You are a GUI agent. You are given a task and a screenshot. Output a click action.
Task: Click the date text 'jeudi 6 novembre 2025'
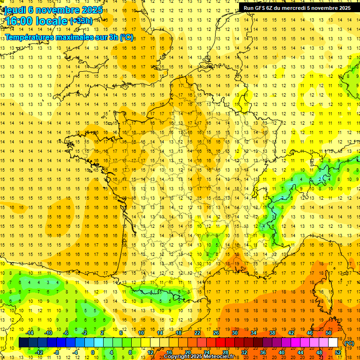[53, 10]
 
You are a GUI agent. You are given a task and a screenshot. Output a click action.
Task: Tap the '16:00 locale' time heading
[37, 22]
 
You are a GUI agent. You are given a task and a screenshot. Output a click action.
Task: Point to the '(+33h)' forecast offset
[81, 21]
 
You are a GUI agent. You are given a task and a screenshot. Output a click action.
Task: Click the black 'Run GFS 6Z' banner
[297, 7]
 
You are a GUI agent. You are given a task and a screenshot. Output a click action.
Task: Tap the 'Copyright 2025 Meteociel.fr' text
[199, 357]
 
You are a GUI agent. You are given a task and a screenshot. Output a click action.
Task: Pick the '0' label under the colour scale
[93, 352]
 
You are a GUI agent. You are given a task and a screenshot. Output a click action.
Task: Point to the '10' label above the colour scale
[141, 333]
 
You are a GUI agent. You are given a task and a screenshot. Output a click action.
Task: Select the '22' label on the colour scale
[197, 333]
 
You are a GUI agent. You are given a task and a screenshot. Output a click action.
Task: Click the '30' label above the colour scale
[235, 333]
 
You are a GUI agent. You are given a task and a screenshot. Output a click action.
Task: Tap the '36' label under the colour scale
[263, 352]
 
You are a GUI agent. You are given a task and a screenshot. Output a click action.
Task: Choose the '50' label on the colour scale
[329, 333]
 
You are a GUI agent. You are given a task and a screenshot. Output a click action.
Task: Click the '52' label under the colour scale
[337, 352]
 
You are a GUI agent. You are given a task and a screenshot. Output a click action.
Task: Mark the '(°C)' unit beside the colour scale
[349, 343]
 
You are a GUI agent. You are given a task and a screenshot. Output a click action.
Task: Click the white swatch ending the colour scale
[333, 343]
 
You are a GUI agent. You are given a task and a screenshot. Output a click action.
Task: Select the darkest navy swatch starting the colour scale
[23, 343]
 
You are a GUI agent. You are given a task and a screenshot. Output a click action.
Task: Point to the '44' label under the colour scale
[300, 352]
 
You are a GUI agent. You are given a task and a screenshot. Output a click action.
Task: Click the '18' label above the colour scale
[179, 333]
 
